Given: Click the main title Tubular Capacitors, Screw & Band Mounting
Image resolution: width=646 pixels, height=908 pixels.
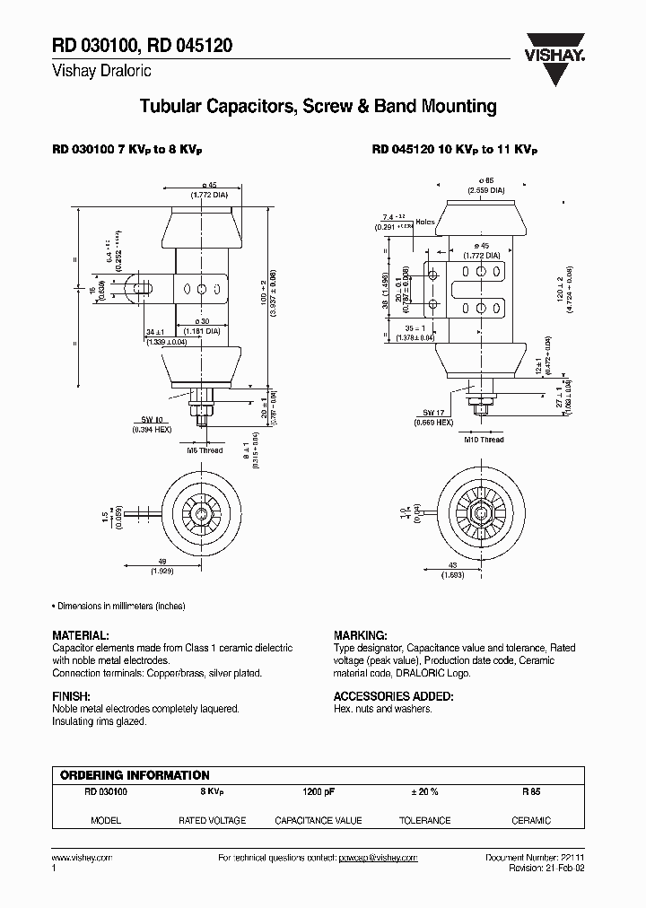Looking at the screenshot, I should point(318,107).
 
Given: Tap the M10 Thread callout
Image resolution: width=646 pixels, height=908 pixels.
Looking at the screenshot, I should point(484,440).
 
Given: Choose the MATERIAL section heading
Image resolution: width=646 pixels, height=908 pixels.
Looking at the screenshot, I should point(81,633).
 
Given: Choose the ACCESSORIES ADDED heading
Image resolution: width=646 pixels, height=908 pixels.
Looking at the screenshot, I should point(393,696).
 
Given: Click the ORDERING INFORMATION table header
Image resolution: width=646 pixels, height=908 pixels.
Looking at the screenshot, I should point(135,775).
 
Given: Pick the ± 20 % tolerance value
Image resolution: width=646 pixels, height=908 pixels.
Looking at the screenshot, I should point(424,792).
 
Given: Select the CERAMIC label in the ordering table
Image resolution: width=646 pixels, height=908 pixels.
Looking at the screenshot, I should point(531,820).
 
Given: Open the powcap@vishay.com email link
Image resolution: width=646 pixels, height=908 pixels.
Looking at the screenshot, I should point(378,858).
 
